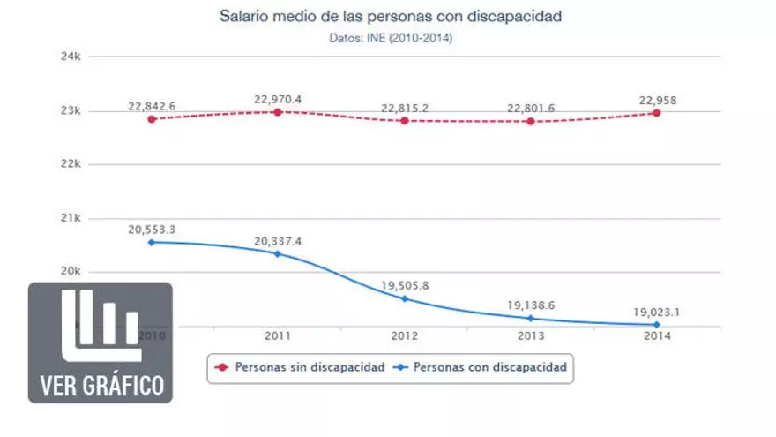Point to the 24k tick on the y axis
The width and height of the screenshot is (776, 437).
[71, 57]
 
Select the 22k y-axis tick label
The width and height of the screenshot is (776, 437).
[71, 164]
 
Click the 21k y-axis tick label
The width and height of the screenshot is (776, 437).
[71, 218]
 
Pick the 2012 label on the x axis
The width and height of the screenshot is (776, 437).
[405, 336]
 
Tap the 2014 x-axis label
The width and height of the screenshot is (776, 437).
[657, 336]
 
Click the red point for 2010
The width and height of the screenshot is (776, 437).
[152, 118]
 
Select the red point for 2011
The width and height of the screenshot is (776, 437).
[278, 112]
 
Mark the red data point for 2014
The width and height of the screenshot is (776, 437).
[657, 113]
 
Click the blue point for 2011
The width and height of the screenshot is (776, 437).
[278, 254]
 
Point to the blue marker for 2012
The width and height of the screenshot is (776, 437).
[405, 298]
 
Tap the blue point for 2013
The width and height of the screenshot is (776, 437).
[531, 318]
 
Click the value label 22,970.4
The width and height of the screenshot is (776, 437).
[278, 99]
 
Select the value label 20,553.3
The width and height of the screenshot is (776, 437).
[152, 229]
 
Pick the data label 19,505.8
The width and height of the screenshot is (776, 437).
[405, 285]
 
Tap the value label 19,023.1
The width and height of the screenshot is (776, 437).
[657, 311]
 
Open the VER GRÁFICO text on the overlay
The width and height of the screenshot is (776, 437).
[101, 386]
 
